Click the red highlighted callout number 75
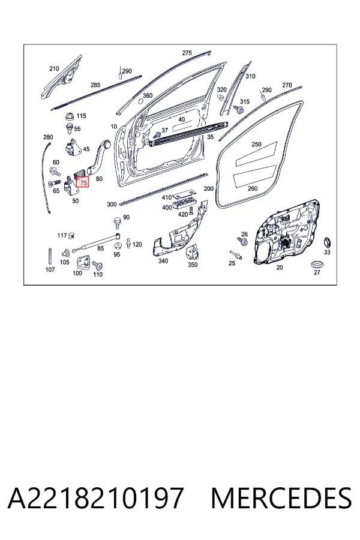(83, 183)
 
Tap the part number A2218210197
(95, 498)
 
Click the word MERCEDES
(281, 498)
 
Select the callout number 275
(187, 53)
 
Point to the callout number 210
(54, 69)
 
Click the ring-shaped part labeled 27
(316, 265)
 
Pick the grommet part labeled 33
(326, 242)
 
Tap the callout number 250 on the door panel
(256, 144)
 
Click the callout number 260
(253, 188)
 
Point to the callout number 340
(163, 261)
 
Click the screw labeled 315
(239, 110)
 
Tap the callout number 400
(167, 208)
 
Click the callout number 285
(95, 85)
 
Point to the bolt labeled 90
(118, 223)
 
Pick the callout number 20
(280, 267)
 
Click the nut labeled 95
(118, 246)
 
